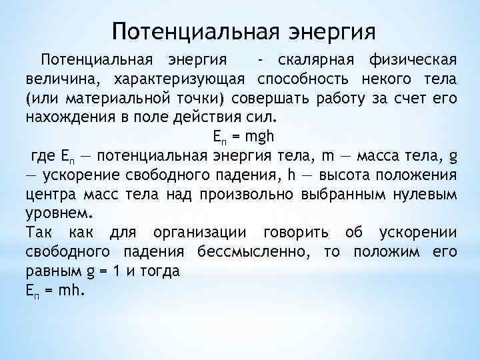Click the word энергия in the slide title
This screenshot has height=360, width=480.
tap(331, 31)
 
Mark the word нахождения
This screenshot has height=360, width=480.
tap(64, 118)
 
